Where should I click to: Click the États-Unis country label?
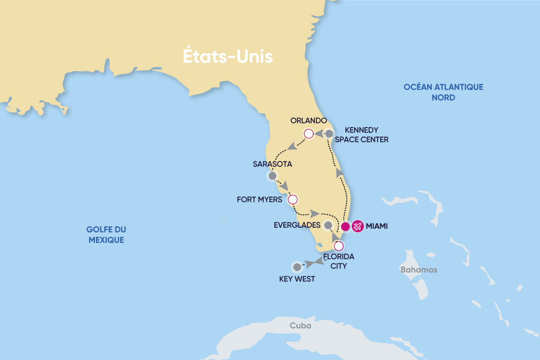pyautogui.click(x=228, y=56)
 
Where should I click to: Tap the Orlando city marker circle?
pyautogui.click(x=308, y=134)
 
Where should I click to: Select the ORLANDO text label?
pyautogui.click(x=309, y=120)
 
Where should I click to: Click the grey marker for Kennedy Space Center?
pyautogui.click(x=329, y=134)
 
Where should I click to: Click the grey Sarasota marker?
pyautogui.click(x=272, y=176)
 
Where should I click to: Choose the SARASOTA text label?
pyautogui.click(x=273, y=164)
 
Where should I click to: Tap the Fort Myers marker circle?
pyautogui.click(x=293, y=199)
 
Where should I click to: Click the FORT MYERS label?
pyautogui.click(x=259, y=200)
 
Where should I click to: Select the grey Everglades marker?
pyautogui.click(x=328, y=226)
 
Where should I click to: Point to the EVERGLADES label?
pyautogui.click(x=297, y=225)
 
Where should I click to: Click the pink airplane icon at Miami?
pyautogui.click(x=358, y=226)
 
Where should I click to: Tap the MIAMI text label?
pyautogui.click(x=380, y=226)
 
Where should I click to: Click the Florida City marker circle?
pyautogui.click(x=339, y=246)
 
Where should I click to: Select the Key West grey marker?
pyautogui.click(x=297, y=266)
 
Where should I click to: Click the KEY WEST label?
pyautogui.click(x=297, y=279)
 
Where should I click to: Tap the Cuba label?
pyautogui.click(x=300, y=326)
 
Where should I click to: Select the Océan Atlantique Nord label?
pyautogui.click(x=443, y=92)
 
